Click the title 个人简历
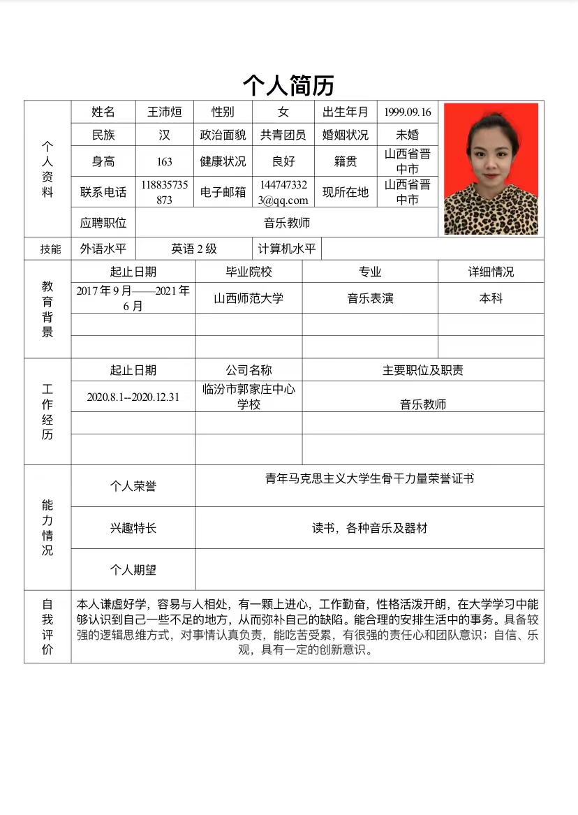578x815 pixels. click(288, 85)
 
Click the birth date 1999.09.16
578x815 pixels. click(408, 112)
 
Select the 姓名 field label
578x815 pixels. click(103, 112)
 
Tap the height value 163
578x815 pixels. click(164, 161)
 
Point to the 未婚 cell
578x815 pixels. click(408, 135)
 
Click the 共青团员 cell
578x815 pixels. click(283, 135)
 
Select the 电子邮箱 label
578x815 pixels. click(223, 192)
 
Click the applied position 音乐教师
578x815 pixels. click(287, 223)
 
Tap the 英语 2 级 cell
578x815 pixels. click(194, 249)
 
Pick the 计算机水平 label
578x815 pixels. click(287, 249)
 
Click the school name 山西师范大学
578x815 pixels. click(249, 298)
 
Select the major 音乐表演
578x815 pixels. click(370, 298)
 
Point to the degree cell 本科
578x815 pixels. click(491, 298)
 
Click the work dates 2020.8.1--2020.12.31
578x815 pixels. click(133, 397)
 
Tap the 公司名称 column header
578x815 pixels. click(249, 370)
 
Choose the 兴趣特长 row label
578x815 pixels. click(133, 528)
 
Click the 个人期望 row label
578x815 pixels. click(133, 570)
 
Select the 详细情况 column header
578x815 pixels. click(491, 272)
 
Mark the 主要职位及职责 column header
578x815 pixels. click(422, 370)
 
